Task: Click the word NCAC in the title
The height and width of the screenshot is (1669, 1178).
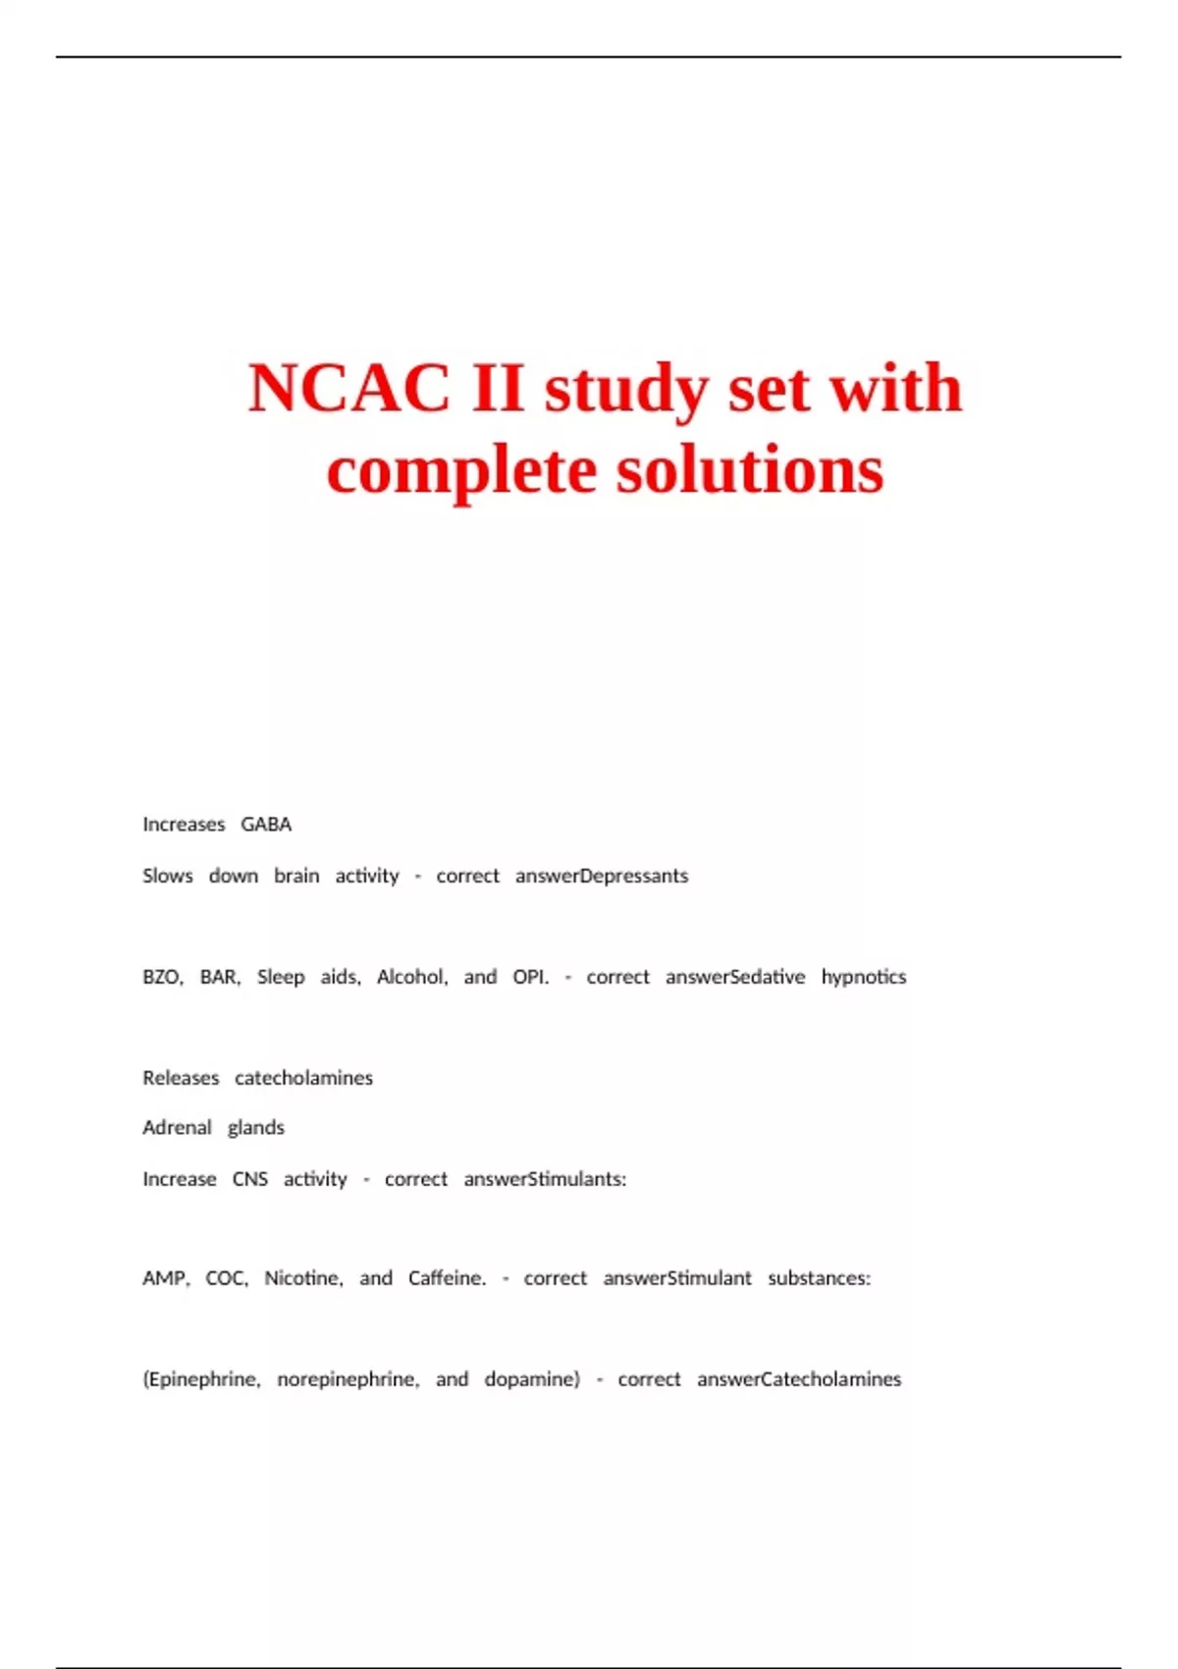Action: click(x=348, y=388)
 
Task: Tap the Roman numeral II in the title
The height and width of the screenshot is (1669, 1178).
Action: click(x=498, y=388)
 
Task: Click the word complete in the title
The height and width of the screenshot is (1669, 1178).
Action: click(x=461, y=471)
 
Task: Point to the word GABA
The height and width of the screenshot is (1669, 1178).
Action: click(x=266, y=825)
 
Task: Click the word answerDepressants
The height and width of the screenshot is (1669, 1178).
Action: click(x=602, y=876)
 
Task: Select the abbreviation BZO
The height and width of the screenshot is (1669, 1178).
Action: click(x=162, y=977)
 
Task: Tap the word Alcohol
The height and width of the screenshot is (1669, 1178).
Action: click(x=411, y=977)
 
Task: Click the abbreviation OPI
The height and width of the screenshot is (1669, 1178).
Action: click(x=530, y=977)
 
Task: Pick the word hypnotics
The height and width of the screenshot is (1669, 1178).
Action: click(x=864, y=978)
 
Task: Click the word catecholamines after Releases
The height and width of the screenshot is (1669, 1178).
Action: click(x=303, y=1078)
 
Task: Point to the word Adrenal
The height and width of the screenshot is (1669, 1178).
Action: click(x=177, y=1128)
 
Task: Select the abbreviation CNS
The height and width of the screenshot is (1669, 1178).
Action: click(x=249, y=1179)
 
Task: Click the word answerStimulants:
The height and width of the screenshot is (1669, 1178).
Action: click(x=545, y=1179)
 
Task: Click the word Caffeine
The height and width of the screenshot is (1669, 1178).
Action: click(x=447, y=1278)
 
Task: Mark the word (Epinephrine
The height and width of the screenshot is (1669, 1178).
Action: click(x=201, y=1379)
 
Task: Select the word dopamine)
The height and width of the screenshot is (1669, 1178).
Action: click(x=532, y=1379)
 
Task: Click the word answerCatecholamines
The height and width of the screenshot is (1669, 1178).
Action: click(x=799, y=1379)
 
